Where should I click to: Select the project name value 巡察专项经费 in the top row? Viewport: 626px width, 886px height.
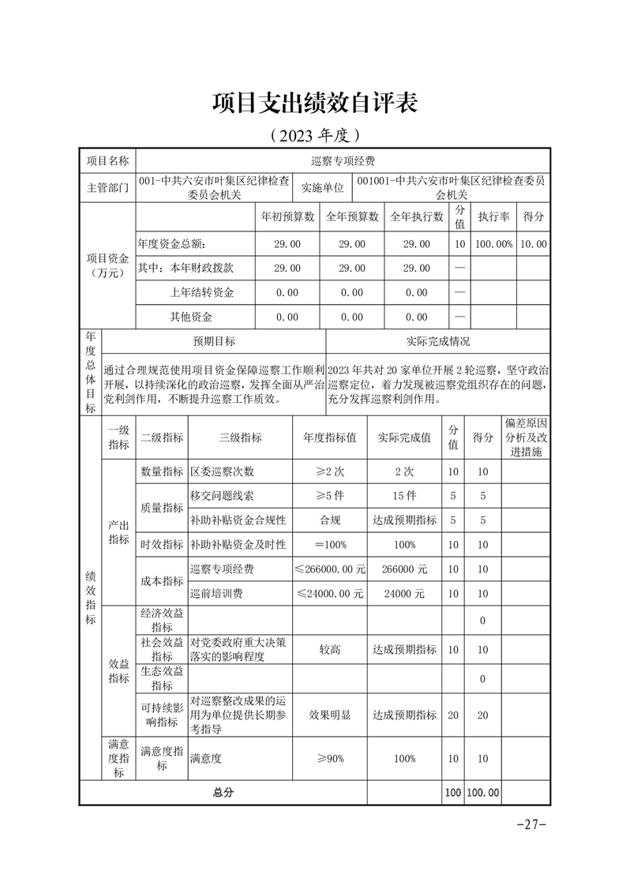[x=343, y=161]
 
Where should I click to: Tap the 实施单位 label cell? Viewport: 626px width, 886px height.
[x=323, y=188]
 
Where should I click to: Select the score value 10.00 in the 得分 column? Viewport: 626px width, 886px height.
[x=534, y=244]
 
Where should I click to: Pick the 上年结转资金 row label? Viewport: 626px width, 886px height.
[x=202, y=293]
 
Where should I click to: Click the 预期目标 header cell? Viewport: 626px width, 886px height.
[x=214, y=342]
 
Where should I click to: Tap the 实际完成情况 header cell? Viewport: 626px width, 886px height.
[x=437, y=342]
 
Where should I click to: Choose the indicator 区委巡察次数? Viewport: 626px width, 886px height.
[x=223, y=471]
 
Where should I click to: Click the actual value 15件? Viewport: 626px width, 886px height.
[x=404, y=496]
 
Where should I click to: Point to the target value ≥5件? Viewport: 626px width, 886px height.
[x=330, y=496]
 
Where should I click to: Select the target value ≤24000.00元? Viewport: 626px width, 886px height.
[x=330, y=593]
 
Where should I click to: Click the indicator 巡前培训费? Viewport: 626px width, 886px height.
[x=217, y=593]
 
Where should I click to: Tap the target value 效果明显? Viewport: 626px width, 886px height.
[x=330, y=715]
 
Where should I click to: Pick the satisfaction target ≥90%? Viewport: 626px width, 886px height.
[x=330, y=758]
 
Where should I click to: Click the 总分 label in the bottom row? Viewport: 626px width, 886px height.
[x=223, y=792]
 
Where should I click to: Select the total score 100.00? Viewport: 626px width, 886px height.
[x=483, y=792]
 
